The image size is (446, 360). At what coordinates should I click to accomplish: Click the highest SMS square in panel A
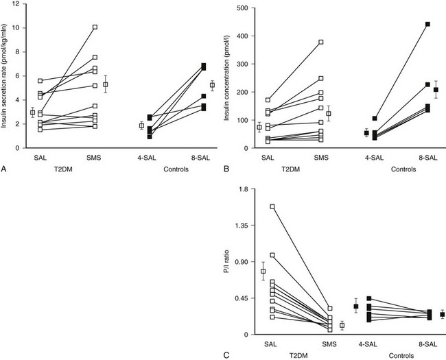click(x=95, y=27)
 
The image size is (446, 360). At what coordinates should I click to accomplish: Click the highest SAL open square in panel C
click(x=272, y=206)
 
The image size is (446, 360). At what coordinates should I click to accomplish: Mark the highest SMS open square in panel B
click(x=320, y=42)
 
